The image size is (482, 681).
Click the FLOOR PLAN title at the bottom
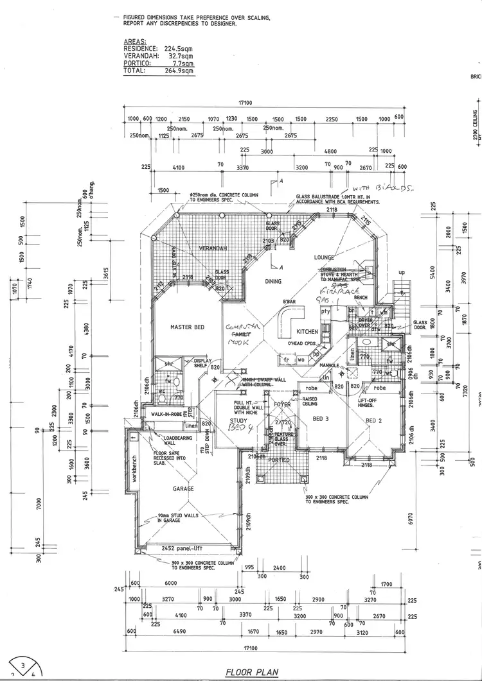[x=251, y=672]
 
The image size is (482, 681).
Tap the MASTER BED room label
[x=187, y=327]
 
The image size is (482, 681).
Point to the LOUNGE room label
[x=325, y=257]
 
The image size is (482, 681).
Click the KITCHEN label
[x=307, y=332]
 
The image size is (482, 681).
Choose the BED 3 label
[x=321, y=418]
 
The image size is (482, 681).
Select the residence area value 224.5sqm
[x=179, y=47]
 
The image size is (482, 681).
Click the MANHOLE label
[x=330, y=366]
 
